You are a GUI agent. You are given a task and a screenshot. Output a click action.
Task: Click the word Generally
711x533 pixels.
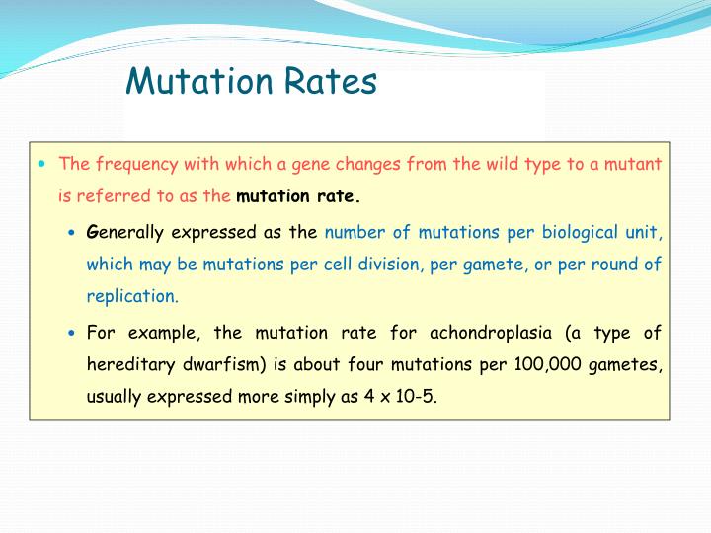click(x=125, y=233)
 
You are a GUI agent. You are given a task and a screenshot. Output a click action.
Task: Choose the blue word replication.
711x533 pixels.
click(x=132, y=296)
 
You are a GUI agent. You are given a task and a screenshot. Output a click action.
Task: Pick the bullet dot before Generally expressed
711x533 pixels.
click(x=72, y=233)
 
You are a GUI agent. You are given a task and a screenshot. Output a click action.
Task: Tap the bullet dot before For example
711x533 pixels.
click(x=72, y=333)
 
